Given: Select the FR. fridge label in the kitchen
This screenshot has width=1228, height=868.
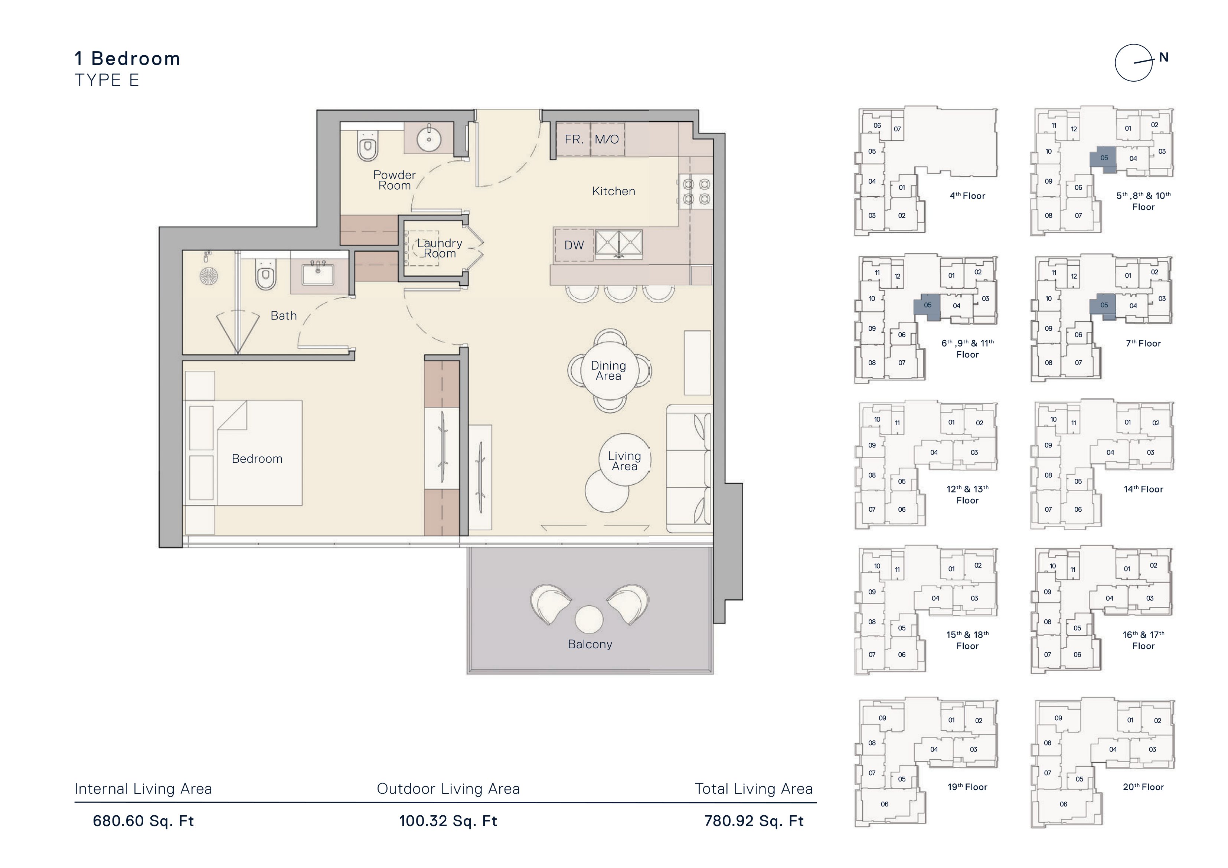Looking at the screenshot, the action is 574,140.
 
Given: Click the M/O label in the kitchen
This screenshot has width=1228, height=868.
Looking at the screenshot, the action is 607,140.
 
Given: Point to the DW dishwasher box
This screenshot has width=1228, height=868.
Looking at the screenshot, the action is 574,245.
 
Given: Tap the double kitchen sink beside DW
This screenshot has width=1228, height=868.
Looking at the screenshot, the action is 619,243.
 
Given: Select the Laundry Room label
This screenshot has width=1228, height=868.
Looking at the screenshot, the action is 440,248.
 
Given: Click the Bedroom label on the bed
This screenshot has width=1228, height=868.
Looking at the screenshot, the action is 257,459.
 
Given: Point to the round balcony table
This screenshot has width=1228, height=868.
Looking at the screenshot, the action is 589,620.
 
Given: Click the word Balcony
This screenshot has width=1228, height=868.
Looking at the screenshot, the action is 590,645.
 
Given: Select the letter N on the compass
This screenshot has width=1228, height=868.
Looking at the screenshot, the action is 1163,58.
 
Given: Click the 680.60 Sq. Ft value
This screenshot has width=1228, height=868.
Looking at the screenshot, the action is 143,821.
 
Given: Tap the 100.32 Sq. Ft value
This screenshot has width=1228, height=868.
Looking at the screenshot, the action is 448,821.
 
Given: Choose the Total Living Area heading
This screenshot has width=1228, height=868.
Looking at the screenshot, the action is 754,789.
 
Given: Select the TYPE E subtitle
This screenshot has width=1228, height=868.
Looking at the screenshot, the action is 107,80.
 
